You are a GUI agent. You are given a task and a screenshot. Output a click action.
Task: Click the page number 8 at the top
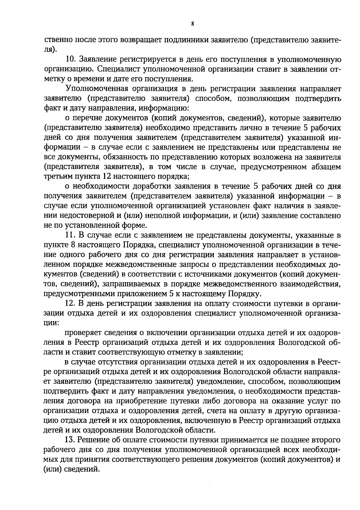(192, 24)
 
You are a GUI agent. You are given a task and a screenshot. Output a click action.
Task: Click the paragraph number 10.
(70, 59)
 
